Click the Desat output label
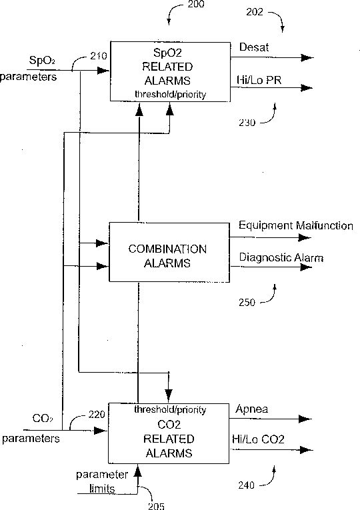(x=254, y=47)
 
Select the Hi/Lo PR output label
(x=259, y=80)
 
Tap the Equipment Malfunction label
(x=295, y=225)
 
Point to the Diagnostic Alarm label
(x=281, y=257)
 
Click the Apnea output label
(x=252, y=409)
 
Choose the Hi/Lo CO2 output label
(x=258, y=439)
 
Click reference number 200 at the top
(x=196, y=4)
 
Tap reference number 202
(x=254, y=12)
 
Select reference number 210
(x=99, y=56)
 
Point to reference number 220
(x=97, y=415)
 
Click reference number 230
(x=247, y=123)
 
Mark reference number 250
(x=247, y=303)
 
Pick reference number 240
(x=247, y=485)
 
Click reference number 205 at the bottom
(x=156, y=506)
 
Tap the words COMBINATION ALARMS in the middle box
(x=167, y=256)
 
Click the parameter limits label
(x=102, y=482)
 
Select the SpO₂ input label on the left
(x=42, y=61)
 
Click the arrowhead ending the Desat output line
(x=307, y=58)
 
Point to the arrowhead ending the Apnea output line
(x=305, y=419)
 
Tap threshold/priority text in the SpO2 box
(x=171, y=94)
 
